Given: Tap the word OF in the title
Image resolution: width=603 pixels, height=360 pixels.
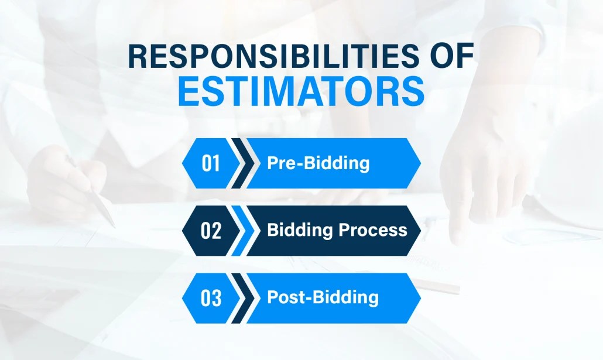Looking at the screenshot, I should coord(448,58).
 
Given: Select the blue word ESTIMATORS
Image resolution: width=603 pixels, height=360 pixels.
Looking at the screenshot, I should coord(301,91).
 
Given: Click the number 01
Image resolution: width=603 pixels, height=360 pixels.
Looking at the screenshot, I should coord(211,163).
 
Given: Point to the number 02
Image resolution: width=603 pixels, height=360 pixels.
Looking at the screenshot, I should coord(211,231).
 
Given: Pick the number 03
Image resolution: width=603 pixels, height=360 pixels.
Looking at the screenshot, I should coord(211,298).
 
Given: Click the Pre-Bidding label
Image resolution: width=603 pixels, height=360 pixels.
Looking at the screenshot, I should coord(318,163).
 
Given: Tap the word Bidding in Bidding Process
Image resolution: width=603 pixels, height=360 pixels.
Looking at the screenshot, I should coord(299,230).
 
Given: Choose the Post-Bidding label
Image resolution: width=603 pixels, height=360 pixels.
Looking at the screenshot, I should coord(323,297).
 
